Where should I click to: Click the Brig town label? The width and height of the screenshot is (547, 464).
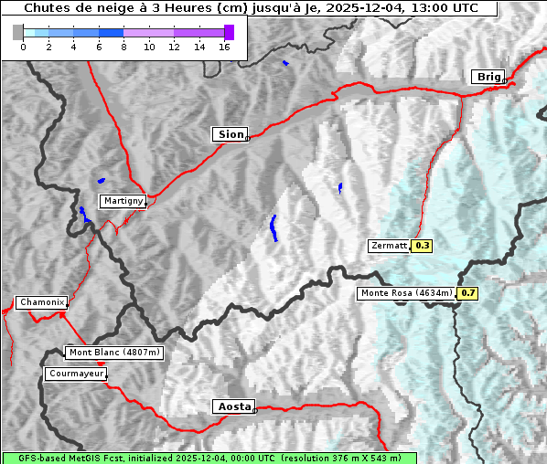tap(488, 77)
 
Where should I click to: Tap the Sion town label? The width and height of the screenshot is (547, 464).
tap(231, 134)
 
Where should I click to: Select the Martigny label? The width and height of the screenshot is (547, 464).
tap(123, 201)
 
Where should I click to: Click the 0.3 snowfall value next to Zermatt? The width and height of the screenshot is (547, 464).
tap(423, 246)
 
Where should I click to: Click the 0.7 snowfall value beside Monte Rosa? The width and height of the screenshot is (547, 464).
tap(467, 293)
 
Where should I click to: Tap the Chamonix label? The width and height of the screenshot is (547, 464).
tap(41, 302)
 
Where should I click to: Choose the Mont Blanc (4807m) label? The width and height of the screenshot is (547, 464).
tap(114, 353)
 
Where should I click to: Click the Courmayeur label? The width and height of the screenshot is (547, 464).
tap(76, 374)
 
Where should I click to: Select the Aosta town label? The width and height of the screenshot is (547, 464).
tap(232, 406)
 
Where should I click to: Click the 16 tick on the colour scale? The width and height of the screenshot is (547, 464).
tap(224, 47)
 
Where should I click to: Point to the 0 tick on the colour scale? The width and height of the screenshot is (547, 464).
tap(23, 47)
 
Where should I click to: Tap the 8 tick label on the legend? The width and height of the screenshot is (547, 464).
tap(123, 47)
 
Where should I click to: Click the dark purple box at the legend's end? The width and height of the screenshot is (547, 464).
tap(229, 32)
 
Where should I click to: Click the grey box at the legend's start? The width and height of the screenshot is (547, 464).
tap(18, 32)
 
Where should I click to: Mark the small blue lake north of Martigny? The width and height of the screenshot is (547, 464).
tap(101, 180)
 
